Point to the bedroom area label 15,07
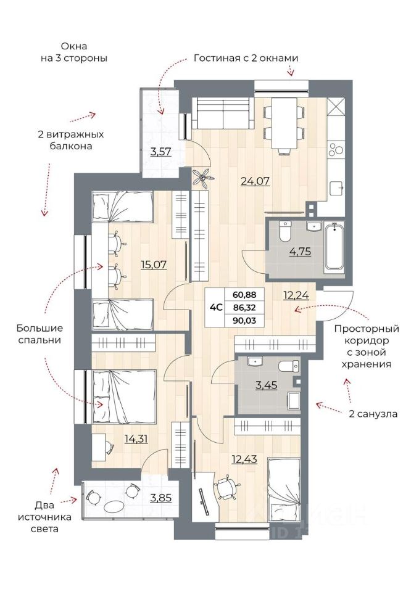[x=154, y=265]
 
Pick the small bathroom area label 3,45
[x=266, y=387]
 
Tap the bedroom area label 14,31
[x=120, y=440]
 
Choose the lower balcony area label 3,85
[x=162, y=498]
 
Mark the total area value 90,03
[x=244, y=319]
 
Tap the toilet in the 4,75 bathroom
[x=284, y=231]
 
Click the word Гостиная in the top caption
[x=215, y=59]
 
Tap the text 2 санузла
[x=373, y=414]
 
